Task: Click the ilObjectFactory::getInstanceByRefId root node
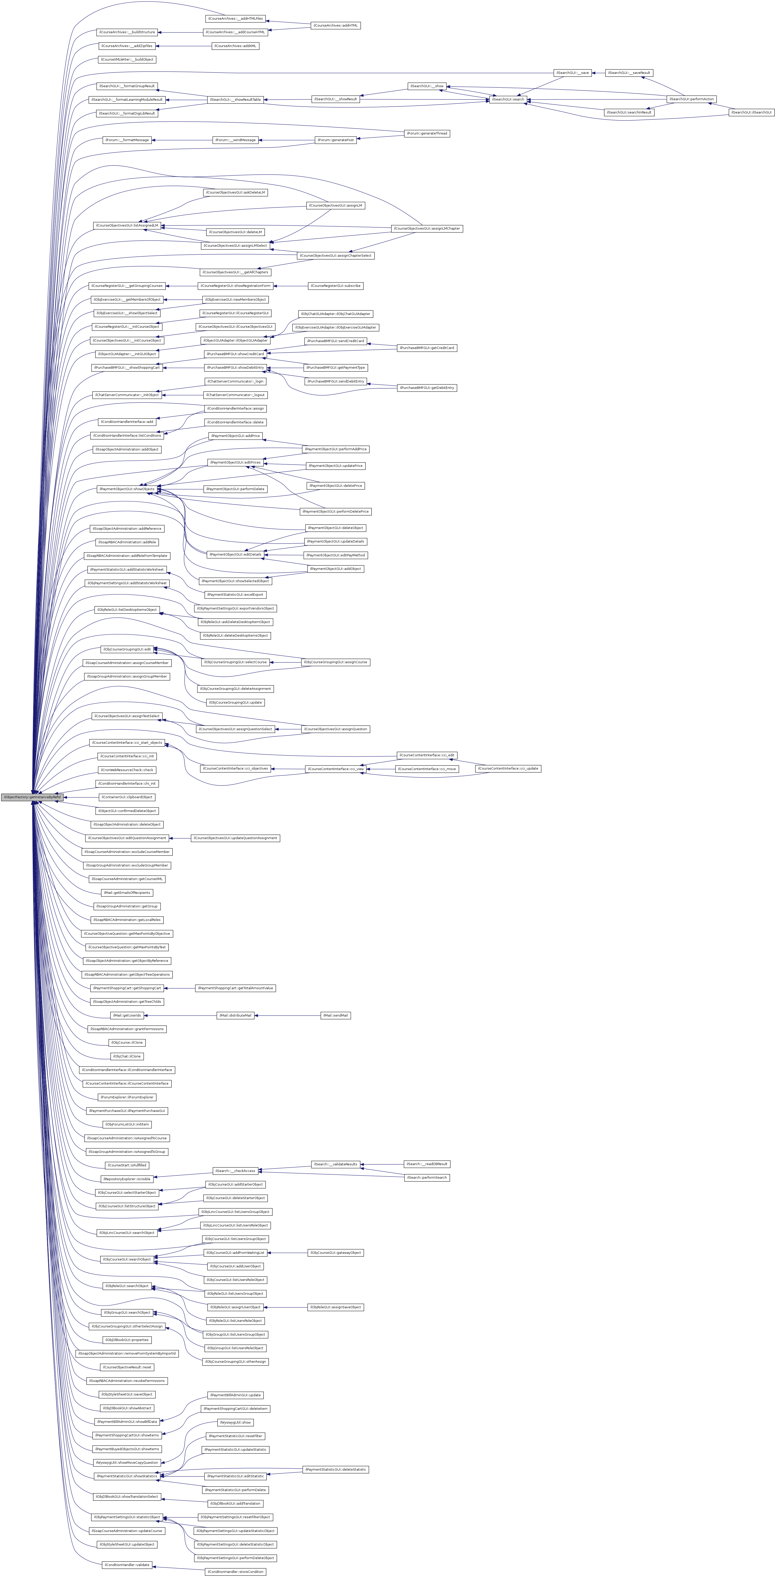[x=32, y=797]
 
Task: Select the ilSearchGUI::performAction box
[x=691, y=99]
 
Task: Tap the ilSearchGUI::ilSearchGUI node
[x=751, y=113]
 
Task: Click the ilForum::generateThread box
[x=426, y=133]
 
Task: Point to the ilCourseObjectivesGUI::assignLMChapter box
[x=426, y=228]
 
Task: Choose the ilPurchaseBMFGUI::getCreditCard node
[x=426, y=348]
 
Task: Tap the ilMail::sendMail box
[x=335, y=1015]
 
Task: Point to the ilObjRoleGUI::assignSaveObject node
[x=335, y=1307]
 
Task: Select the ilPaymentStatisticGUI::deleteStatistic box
[x=335, y=1469]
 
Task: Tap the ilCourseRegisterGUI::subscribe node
[x=335, y=286]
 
